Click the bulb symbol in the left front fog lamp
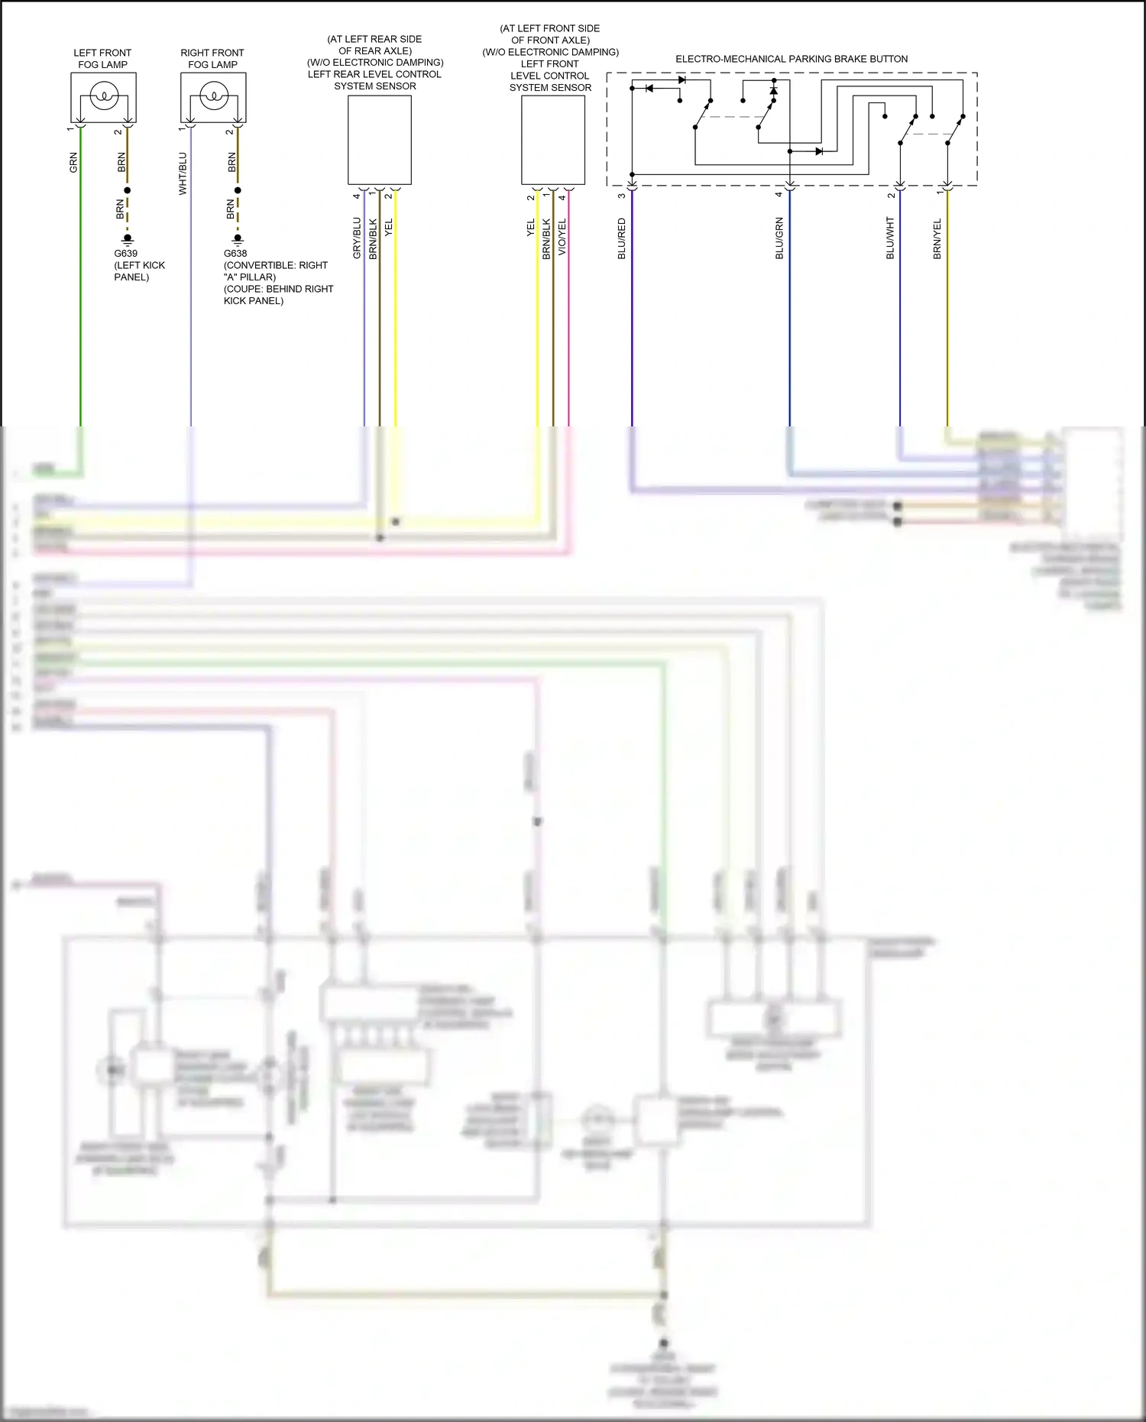[x=103, y=96]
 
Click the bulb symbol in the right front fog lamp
[x=213, y=96]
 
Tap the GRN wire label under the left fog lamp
[x=74, y=162]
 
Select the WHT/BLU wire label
[x=183, y=173]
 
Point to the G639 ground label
[x=126, y=254]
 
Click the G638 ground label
[x=235, y=254]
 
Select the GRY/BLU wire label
[x=357, y=238]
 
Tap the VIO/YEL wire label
[x=562, y=237]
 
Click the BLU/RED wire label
[x=622, y=238]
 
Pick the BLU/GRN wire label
[x=780, y=238]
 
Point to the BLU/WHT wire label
[x=890, y=238]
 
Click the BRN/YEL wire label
[x=937, y=238]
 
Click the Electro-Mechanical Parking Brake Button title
[x=792, y=59]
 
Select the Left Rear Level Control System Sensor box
[x=380, y=140]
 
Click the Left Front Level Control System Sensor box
[x=553, y=140]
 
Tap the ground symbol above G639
[x=128, y=239]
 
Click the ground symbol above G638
[x=238, y=239]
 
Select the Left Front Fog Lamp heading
[x=102, y=59]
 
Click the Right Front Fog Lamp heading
[x=212, y=59]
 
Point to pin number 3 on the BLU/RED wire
[x=622, y=196]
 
